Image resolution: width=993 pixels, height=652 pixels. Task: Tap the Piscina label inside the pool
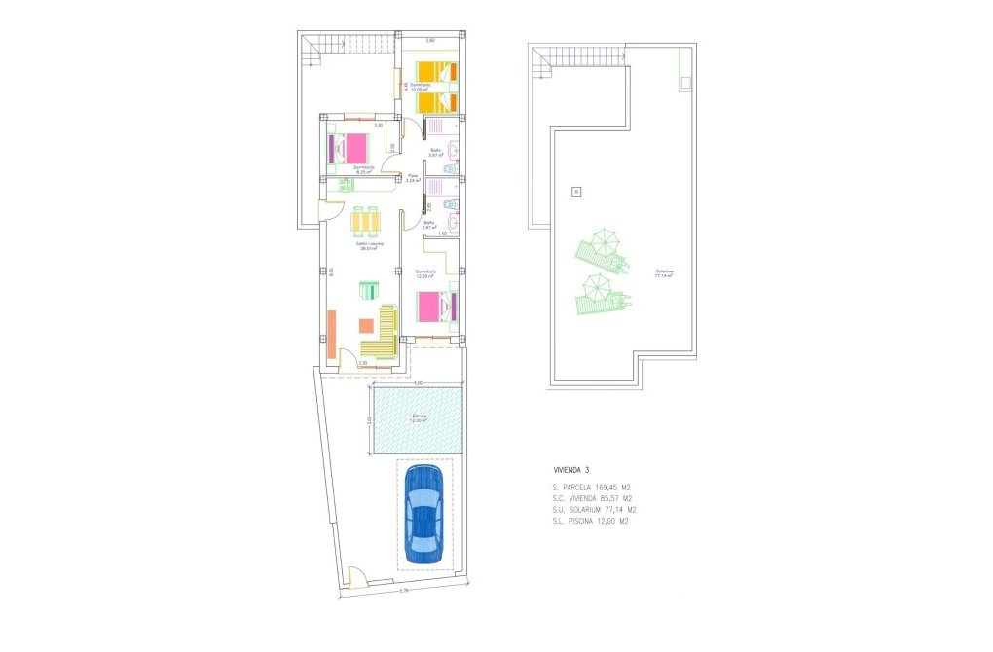420,417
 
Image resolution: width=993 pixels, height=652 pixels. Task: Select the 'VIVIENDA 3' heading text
572,470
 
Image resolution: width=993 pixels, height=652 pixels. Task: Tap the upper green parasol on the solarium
605,240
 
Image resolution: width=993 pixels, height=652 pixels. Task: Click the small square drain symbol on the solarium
575,192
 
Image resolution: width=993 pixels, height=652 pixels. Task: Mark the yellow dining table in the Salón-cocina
367,222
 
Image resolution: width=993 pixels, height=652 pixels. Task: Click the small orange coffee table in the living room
366,326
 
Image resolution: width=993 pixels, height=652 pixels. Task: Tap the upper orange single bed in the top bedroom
435,71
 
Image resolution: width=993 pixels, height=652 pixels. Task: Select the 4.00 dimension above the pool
417,384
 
